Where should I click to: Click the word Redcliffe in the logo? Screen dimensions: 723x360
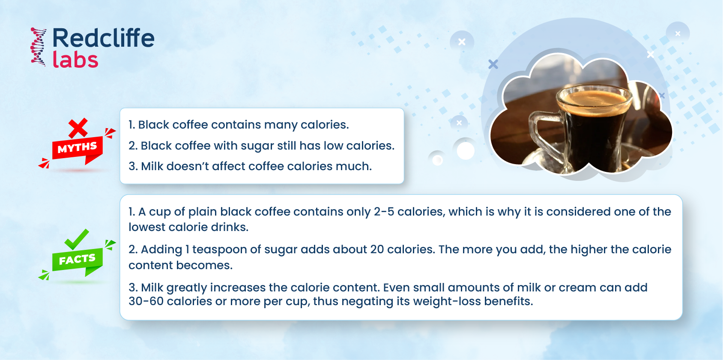click(103, 38)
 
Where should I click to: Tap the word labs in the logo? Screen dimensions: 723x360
click(75, 60)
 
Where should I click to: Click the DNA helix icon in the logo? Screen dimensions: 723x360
click(39, 47)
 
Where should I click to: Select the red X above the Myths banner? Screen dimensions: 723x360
click(78, 128)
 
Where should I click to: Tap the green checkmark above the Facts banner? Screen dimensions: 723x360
click(76, 239)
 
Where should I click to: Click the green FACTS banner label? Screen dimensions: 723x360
click(77, 260)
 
